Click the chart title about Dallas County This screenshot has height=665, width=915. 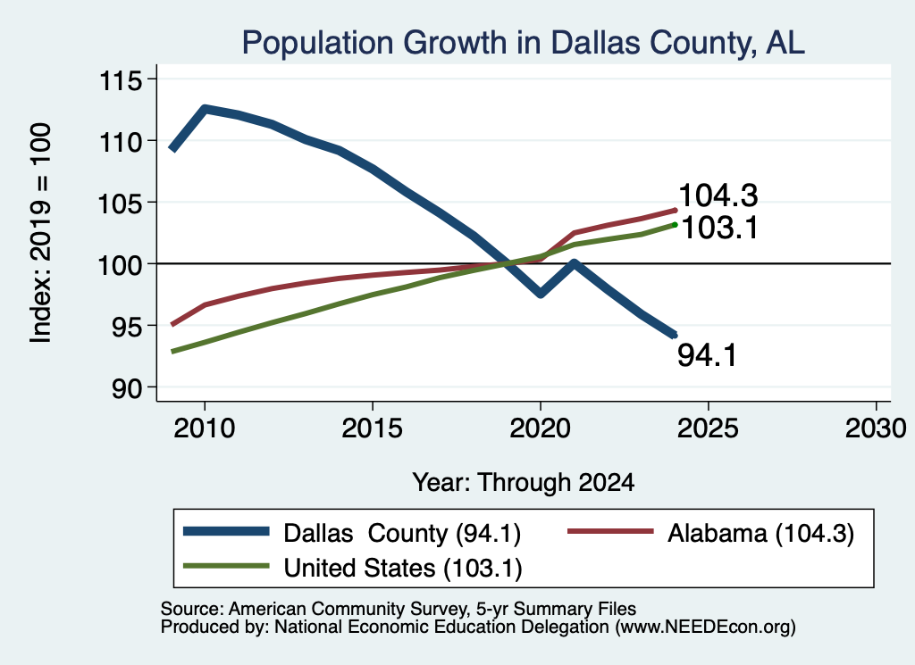524,43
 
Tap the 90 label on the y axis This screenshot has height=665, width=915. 127,388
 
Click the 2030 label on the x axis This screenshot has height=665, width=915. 876,428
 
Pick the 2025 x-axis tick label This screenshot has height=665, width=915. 708,428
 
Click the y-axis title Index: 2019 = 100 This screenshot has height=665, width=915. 40,233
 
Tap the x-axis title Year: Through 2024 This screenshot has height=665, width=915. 524,483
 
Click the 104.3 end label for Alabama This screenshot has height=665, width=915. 718,195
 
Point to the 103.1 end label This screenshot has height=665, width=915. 719,228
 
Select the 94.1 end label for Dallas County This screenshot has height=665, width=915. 708,355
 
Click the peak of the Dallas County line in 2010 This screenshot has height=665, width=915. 205,109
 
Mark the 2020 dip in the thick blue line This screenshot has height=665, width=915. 541,293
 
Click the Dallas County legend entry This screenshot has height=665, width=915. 352,533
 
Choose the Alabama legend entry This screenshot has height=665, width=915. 710,533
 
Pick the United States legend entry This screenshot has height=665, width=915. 352,568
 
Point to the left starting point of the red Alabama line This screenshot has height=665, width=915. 172,325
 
